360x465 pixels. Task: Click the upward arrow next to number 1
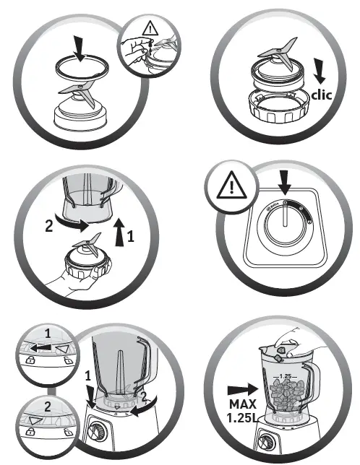(x=119, y=232)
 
